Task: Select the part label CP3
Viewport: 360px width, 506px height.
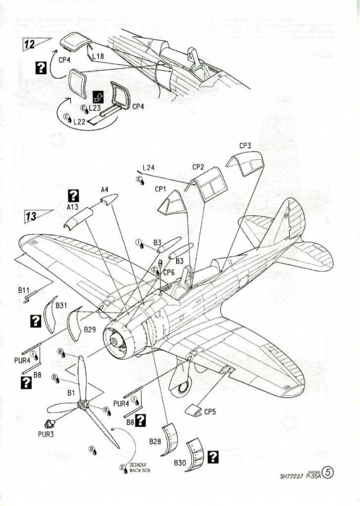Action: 245,146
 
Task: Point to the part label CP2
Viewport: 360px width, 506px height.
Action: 198,167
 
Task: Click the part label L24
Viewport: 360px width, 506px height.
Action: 148,168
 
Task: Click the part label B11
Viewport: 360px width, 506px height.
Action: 23,290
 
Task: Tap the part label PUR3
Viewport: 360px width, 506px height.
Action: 45,434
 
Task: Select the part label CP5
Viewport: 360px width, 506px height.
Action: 210,412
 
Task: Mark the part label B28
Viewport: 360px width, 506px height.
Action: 156,441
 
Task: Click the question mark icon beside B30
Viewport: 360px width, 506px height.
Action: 213,457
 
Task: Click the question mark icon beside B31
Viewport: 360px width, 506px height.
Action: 35,320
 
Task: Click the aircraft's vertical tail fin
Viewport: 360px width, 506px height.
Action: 290,222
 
